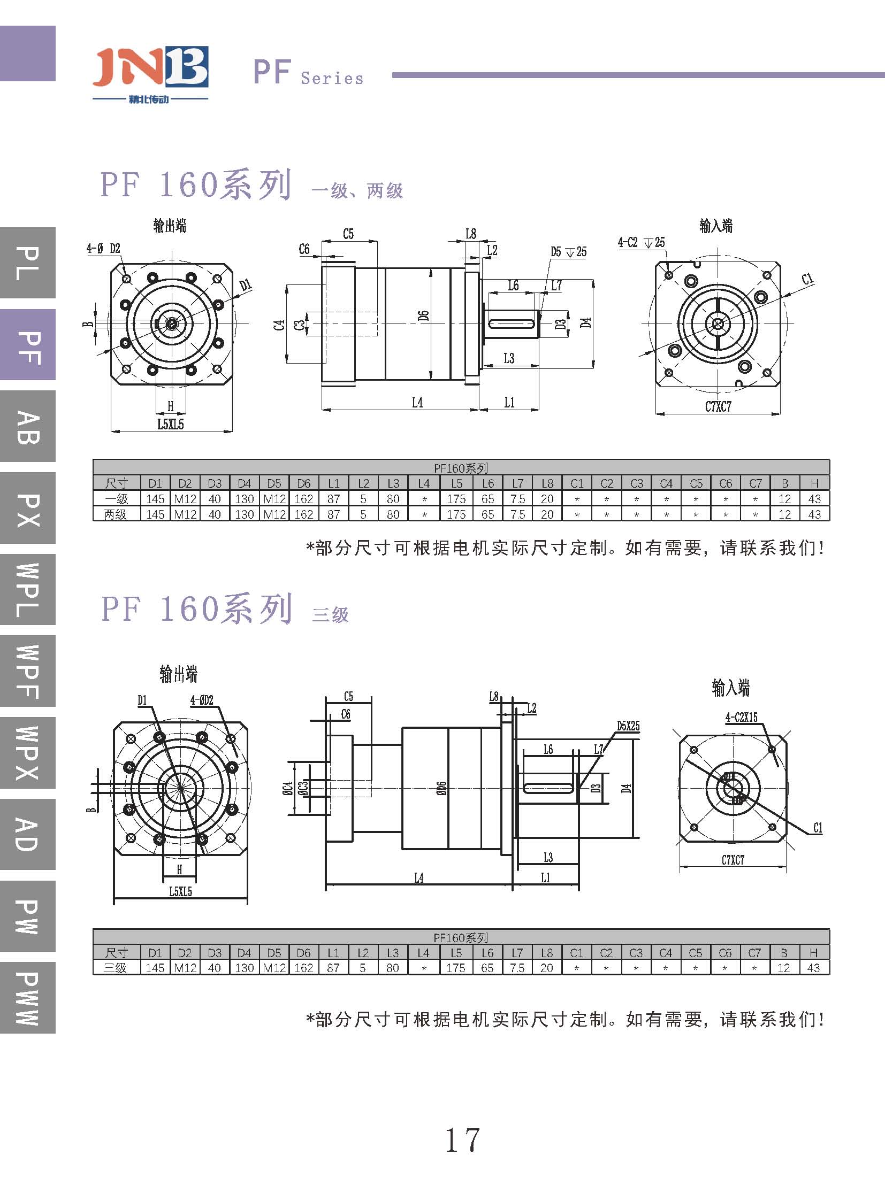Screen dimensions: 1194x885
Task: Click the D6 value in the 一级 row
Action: coord(304,499)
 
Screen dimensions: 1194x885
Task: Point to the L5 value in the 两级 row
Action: coord(456,514)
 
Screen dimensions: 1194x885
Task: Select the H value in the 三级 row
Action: coord(813,968)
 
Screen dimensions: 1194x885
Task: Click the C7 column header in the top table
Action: coord(756,483)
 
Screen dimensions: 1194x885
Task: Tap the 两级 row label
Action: coord(116,514)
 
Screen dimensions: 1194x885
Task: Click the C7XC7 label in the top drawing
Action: coord(718,407)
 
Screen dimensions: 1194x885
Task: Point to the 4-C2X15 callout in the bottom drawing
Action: coord(742,718)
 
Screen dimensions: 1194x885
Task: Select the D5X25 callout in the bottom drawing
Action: coord(628,726)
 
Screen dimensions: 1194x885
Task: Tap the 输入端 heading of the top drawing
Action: coord(716,226)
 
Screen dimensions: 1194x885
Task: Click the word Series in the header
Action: coord(332,79)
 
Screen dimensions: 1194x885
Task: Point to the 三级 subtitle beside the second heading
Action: coord(330,614)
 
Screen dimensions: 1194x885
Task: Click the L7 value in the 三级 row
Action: coord(517,968)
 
